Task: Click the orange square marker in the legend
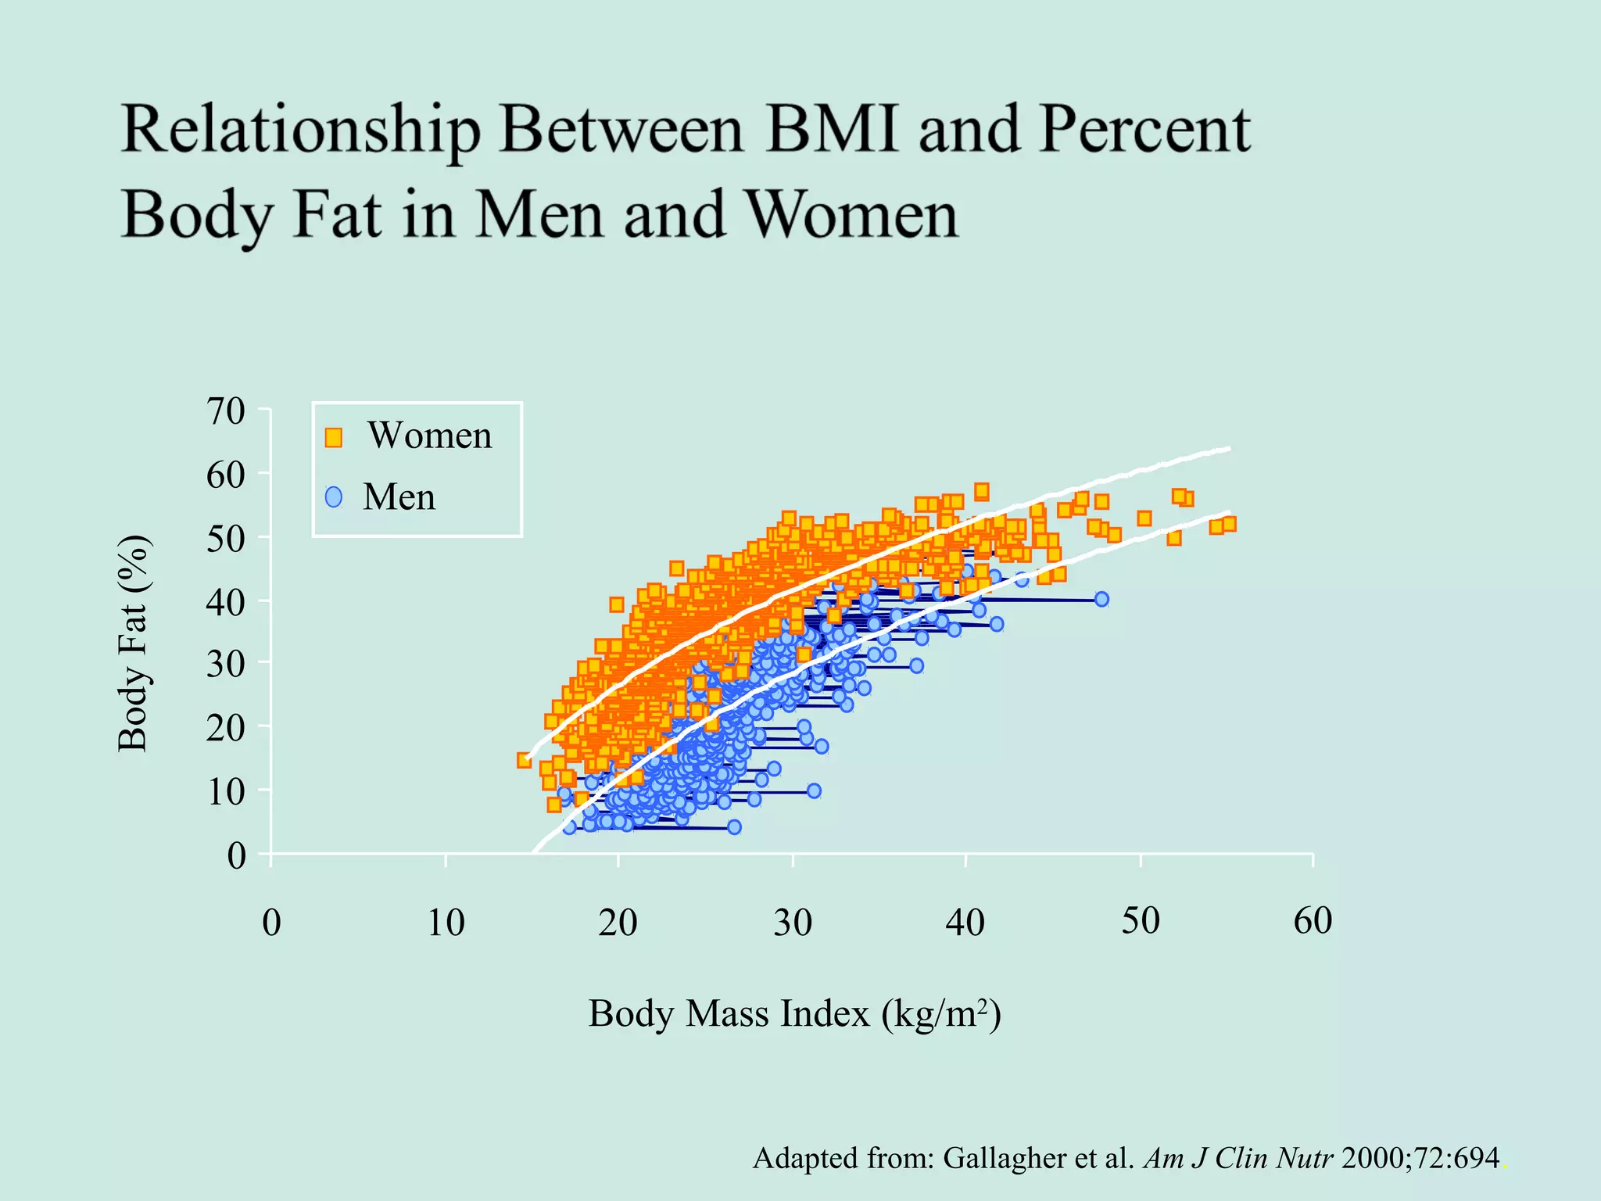tap(334, 437)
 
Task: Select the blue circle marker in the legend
tap(334, 497)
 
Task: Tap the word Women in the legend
tap(430, 436)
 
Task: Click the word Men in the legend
tap(399, 497)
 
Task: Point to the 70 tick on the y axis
tap(226, 410)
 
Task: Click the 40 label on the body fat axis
tap(226, 601)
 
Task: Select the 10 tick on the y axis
tap(226, 792)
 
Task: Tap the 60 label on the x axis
tap(1313, 921)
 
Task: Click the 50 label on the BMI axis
tap(1141, 921)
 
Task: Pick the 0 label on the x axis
tap(271, 923)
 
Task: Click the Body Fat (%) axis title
tap(133, 644)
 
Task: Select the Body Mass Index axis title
tap(794, 1014)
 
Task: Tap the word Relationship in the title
tap(301, 131)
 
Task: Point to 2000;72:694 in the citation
tap(1420, 1158)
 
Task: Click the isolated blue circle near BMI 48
tap(1101, 599)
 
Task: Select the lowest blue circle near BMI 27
tap(734, 826)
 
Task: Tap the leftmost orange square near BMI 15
tap(525, 760)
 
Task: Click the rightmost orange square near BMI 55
tap(1229, 524)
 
